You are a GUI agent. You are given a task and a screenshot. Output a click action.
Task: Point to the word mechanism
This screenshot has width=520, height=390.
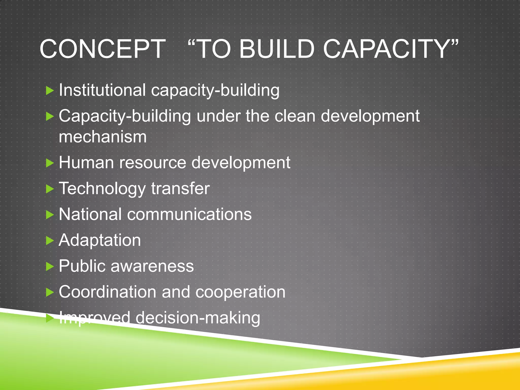pyautogui.click(x=103, y=137)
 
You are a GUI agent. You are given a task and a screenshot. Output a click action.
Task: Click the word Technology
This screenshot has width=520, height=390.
pyautogui.click(x=102, y=189)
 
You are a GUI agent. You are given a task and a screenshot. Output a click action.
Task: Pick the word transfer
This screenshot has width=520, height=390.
pyautogui.click(x=180, y=189)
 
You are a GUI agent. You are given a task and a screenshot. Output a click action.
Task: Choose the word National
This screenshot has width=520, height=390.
pyautogui.click(x=90, y=214)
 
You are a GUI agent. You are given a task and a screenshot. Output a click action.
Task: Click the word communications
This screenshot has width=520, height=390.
pyautogui.click(x=189, y=214)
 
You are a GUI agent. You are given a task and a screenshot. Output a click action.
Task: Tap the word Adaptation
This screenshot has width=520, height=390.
pyautogui.click(x=100, y=241)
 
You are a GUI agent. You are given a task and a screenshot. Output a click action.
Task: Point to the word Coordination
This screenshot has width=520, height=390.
pyautogui.click(x=108, y=292)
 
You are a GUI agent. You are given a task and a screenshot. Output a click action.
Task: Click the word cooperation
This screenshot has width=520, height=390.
pyautogui.click(x=240, y=292)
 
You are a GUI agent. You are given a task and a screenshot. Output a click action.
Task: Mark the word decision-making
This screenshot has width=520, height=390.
pyautogui.click(x=198, y=318)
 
